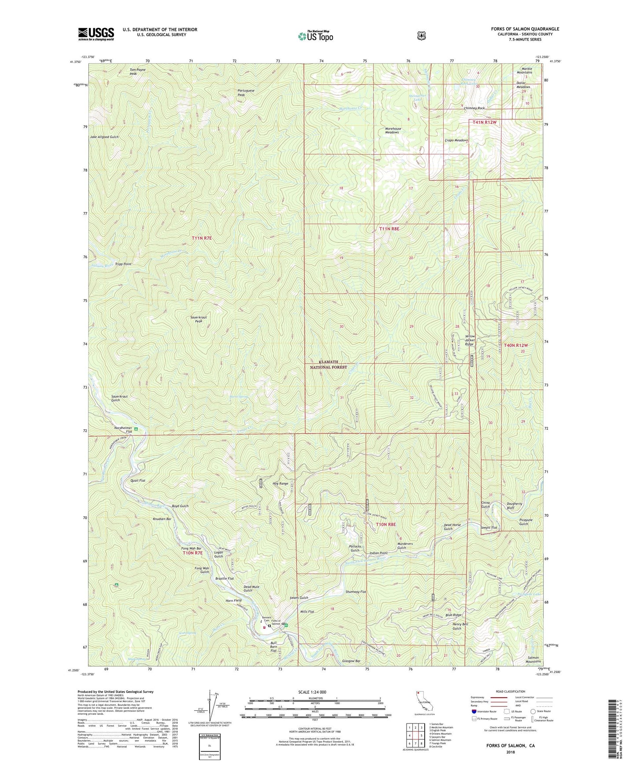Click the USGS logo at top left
tap(96, 34)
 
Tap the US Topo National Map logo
tap(315, 36)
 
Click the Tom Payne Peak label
tap(137, 72)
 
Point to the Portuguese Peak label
tap(246, 92)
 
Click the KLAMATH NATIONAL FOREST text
tap(328, 365)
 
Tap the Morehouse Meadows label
tap(393, 131)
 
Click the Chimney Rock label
tap(474, 108)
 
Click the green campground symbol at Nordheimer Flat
tap(136, 429)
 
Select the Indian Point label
tap(379, 553)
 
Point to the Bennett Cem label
tap(266, 619)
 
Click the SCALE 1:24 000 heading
tap(312, 692)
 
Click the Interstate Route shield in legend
tap(474, 711)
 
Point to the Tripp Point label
tap(123, 264)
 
